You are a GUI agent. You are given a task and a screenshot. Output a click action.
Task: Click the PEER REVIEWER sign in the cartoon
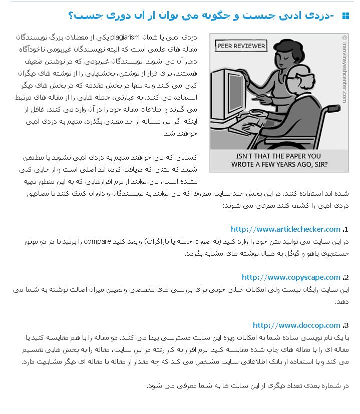click(241, 46)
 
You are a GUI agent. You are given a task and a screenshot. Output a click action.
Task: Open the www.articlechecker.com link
click(285, 229)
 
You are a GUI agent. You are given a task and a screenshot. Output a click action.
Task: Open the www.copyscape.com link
click(291, 277)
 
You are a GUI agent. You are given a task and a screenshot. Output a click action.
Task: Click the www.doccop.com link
click(296, 325)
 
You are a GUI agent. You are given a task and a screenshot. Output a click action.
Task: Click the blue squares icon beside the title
click(345, 16)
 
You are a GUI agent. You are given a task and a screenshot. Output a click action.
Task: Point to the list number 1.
click(345, 230)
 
